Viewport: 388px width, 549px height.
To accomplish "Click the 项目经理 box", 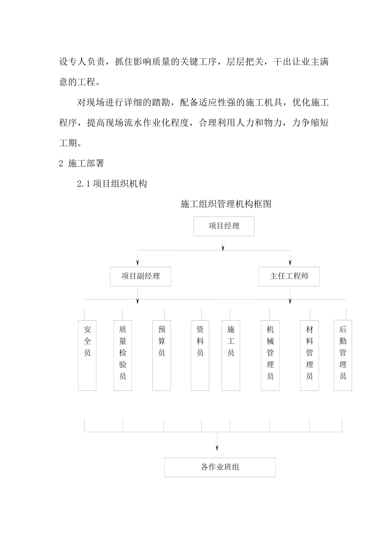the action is [x=224, y=226].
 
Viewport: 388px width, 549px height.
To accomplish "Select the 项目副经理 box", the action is [x=140, y=277].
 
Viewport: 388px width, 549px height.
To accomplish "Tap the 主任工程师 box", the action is [x=289, y=277].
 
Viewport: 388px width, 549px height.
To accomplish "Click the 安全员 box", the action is [x=87, y=355].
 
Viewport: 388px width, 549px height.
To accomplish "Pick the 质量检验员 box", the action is [x=123, y=355].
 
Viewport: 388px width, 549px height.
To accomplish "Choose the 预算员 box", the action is [x=162, y=355].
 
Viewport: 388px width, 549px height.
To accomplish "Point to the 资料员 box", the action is [x=200, y=355].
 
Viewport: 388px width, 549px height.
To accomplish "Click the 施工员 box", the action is [x=231, y=355].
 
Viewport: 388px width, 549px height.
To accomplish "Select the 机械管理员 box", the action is [x=270, y=355].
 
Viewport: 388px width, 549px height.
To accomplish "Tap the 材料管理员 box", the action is [x=310, y=355].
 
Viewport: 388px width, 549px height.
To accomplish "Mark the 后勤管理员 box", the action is [x=343, y=355].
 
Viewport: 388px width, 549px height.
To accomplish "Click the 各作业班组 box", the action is [x=220, y=467].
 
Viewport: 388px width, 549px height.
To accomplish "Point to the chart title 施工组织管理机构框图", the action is [x=226, y=204].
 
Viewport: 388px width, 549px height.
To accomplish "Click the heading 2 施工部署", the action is [x=82, y=164].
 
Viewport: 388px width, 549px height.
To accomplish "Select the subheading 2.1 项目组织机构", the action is [x=112, y=184].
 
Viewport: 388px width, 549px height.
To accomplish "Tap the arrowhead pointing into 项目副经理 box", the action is [x=138, y=262].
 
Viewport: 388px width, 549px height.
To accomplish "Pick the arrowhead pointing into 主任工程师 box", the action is [x=290, y=262].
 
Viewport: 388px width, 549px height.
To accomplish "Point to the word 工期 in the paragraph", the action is [x=68, y=143].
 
